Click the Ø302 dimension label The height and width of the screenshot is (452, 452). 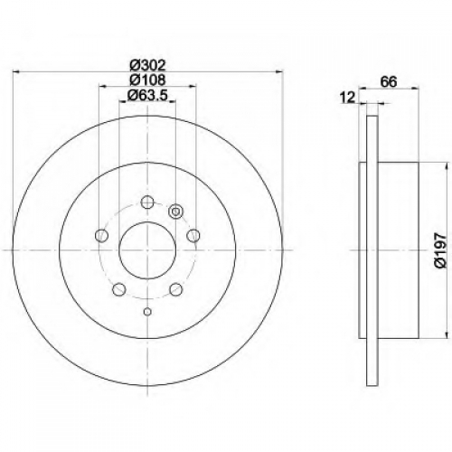click(148, 65)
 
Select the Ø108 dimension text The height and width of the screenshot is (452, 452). click(148, 80)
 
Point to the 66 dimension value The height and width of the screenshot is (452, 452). click(389, 81)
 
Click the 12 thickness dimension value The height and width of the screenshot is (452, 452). click(347, 98)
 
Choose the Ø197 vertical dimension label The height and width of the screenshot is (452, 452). click(440, 250)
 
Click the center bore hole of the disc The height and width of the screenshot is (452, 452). click(147, 250)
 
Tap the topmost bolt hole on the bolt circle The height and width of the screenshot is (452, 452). click(147, 202)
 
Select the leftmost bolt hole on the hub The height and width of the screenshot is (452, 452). click(101, 235)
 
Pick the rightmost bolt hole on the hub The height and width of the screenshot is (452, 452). click(193, 235)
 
